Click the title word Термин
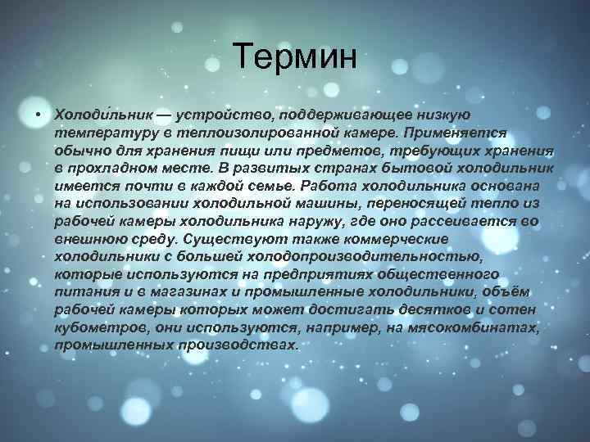295,56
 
